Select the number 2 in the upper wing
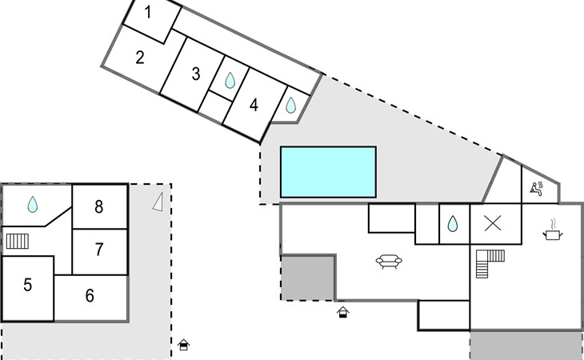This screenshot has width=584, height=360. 140,57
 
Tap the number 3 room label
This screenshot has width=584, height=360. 195,74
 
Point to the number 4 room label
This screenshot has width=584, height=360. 254,105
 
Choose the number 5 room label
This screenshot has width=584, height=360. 27,284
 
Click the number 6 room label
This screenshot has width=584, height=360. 90,296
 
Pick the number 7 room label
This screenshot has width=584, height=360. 99,250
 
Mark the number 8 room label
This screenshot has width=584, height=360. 99,207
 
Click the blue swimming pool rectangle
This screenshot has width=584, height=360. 328,171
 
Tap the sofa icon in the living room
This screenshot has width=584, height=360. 389,261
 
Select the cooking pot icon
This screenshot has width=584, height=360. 553,233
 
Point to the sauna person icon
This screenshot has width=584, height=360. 536,189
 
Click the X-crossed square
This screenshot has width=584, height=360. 494,224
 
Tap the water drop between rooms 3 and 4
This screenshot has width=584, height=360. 230,80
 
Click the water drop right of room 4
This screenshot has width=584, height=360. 290,105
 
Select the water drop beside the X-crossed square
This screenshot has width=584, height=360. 452,224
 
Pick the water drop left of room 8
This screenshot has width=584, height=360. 33,205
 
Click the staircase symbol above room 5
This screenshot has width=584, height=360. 18,240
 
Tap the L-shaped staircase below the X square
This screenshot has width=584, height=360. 486,262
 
